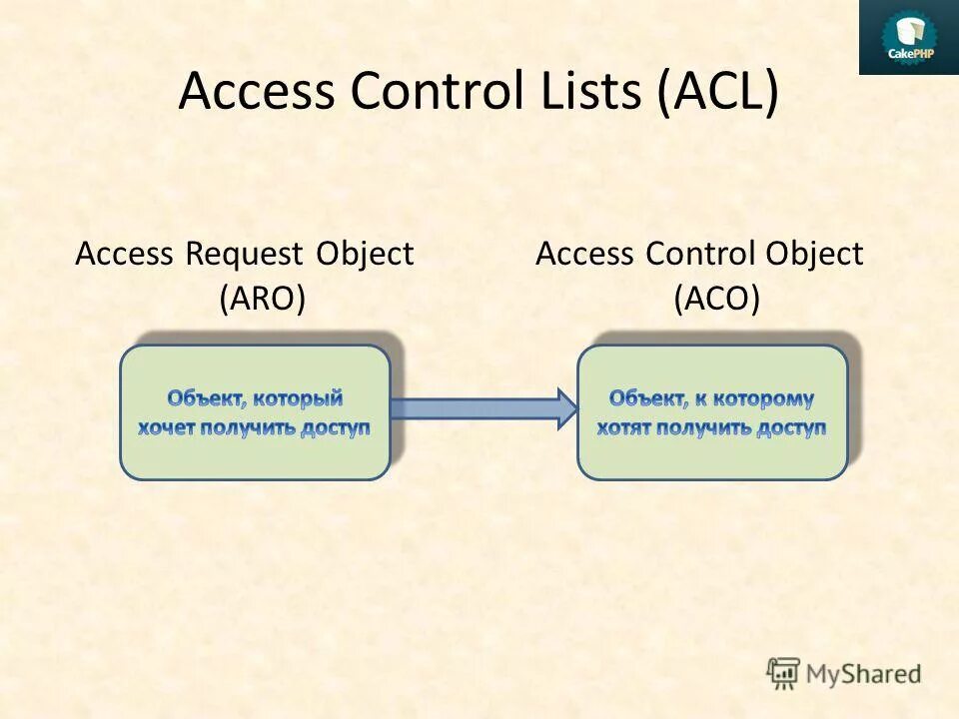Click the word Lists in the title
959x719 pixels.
pyautogui.click(x=582, y=93)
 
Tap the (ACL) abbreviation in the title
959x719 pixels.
pyautogui.click(x=716, y=93)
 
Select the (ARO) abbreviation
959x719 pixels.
pyautogui.click(x=262, y=299)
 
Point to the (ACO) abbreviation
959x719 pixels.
pyautogui.click(x=716, y=299)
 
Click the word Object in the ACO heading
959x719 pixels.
pyautogui.click(x=814, y=255)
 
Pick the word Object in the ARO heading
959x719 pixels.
pyautogui.click(x=365, y=255)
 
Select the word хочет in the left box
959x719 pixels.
pyautogui.click(x=167, y=428)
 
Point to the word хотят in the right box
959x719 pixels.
pyautogui.click(x=625, y=428)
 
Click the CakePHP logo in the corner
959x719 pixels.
pyautogui.click(x=908, y=38)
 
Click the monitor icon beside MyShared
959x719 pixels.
pyautogui.click(x=784, y=674)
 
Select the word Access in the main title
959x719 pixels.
pyautogui.click(x=256, y=93)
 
